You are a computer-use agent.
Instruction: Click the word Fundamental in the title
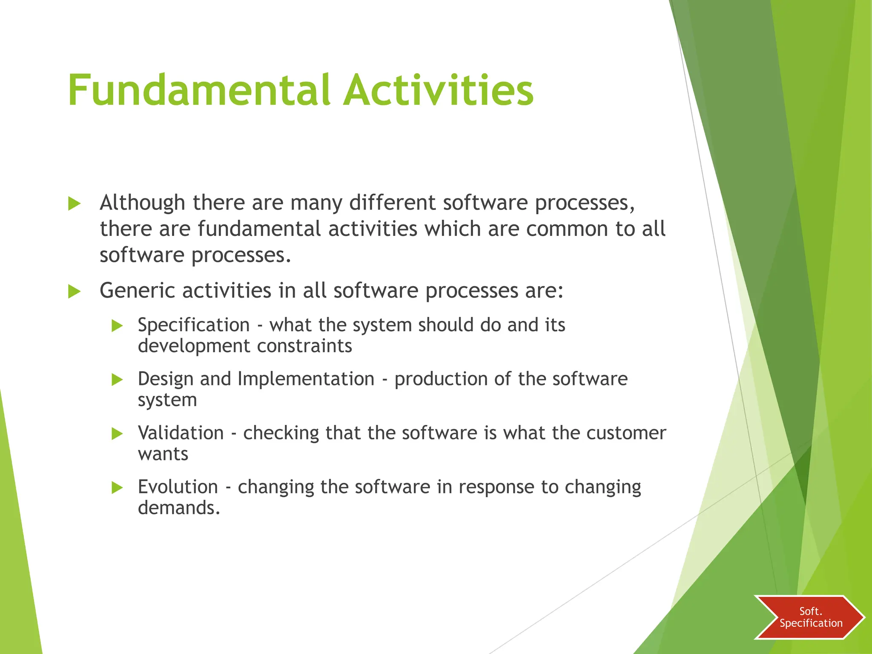pyautogui.click(x=199, y=90)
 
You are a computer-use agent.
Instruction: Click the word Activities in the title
pyautogui.click(x=439, y=90)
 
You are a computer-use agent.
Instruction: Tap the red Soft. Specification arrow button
pyautogui.click(x=809, y=617)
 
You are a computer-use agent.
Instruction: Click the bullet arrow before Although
pyautogui.click(x=74, y=204)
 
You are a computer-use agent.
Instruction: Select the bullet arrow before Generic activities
pyautogui.click(x=74, y=292)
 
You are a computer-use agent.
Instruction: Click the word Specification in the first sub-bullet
pyautogui.click(x=194, y=325)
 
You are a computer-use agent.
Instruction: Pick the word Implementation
pyautogui.click(x=306, y=379)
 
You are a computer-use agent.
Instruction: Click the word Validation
pyautogui.click(x=181, y=433)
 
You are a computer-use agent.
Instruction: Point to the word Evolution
pyautogui.click(x=178, y=487)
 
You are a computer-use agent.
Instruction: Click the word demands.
pyautogui.click(x=179, y=508)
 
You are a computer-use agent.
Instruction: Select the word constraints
pyautogui.click(x=304, y=346)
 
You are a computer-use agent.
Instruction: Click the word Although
pyautogui.click(x=142, y=203)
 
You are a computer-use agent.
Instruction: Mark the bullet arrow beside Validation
pyautogui.click(x=117, y=434)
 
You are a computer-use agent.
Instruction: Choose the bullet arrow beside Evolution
pyautogui.click(x=117, y=488)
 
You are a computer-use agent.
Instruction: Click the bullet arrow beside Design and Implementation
pyautogui.click(x=117, y=380)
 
